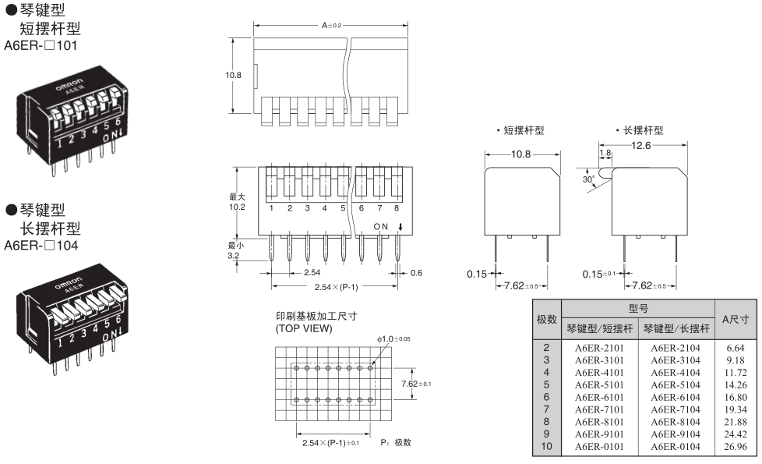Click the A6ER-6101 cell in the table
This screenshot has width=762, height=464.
click(x=599, y=395)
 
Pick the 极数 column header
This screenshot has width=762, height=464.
click(x=546, y=319)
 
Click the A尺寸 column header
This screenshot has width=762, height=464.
click(x=735, y=319)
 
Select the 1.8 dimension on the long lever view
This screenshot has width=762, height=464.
click(x=605, y=154)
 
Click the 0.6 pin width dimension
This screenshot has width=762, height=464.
click(x=417, y=272)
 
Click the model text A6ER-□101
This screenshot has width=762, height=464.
click(x=41, y=44)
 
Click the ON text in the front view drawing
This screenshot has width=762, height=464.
click(x=381, y=226)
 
